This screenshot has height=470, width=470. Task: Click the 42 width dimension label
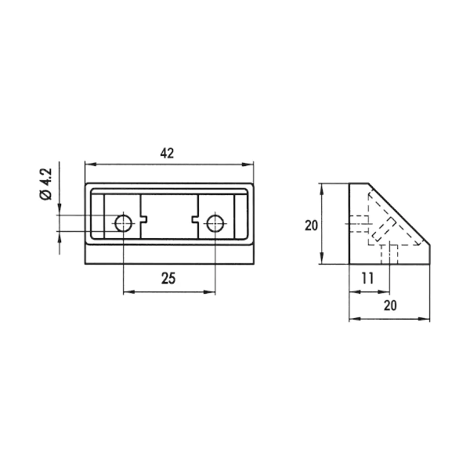tap(167, 154)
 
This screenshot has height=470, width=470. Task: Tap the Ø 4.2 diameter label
tap(46, 184)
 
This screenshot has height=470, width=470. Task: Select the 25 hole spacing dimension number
tap(168, 278)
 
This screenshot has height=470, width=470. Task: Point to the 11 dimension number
tap(367, 278)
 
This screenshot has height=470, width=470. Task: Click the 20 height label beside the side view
tap(311, 226)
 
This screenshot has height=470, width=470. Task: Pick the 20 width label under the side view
tap(390, 305)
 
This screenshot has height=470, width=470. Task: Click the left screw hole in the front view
tap(124, 223)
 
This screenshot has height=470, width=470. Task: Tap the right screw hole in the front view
tap(215, 223)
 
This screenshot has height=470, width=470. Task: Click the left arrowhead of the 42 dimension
tap(90, 164)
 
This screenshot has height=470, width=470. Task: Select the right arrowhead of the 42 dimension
tap(248, 164)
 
